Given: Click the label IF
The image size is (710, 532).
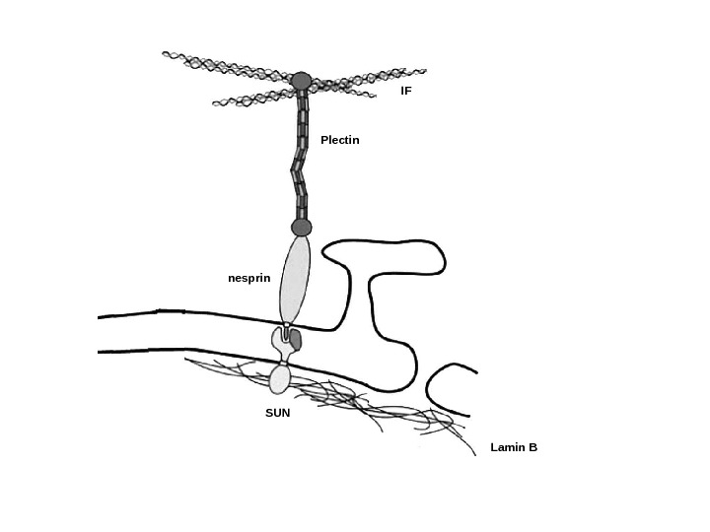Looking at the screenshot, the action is [x=405, y=91].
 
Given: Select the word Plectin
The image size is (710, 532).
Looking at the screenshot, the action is [x=339, y=140].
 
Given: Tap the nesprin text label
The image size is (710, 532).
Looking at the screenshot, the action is [x=248, y=279].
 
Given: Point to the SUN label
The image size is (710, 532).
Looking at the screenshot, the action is [x=277, y=413].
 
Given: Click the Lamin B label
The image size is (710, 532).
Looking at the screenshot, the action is [x=514, y=447].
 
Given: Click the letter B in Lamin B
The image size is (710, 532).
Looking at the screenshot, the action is [x=532, y=447].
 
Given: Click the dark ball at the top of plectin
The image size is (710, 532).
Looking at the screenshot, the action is [x=301, y=81].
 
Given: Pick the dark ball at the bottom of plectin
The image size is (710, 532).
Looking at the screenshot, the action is [x=301, y=228].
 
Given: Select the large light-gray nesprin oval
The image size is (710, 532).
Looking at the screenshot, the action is [x=295, y=278].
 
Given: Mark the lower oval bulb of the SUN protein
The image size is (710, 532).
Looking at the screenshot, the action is [x=280, y=378].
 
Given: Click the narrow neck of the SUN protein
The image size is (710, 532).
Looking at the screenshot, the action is [x=282, y=362].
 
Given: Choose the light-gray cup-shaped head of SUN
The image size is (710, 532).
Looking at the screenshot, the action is [x=280, y=341].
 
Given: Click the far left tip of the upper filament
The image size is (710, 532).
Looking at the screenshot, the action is [x=165, y=54].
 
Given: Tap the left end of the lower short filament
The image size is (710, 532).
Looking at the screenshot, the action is [x=214, y=102].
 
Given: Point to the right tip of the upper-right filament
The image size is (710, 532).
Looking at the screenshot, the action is [x=425, y=70].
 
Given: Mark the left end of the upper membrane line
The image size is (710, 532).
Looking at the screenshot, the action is [x=100, y=317].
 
